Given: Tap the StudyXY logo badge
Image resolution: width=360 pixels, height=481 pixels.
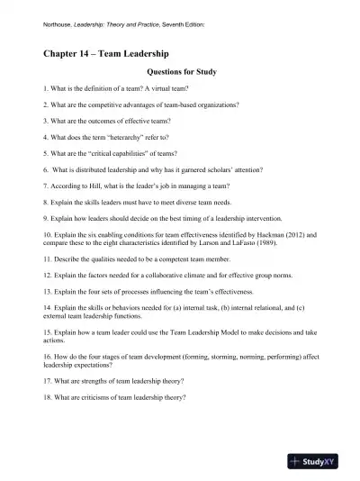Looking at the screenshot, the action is [x=318, y=459].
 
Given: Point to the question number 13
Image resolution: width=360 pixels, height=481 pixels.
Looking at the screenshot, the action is [x=48, y=293].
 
